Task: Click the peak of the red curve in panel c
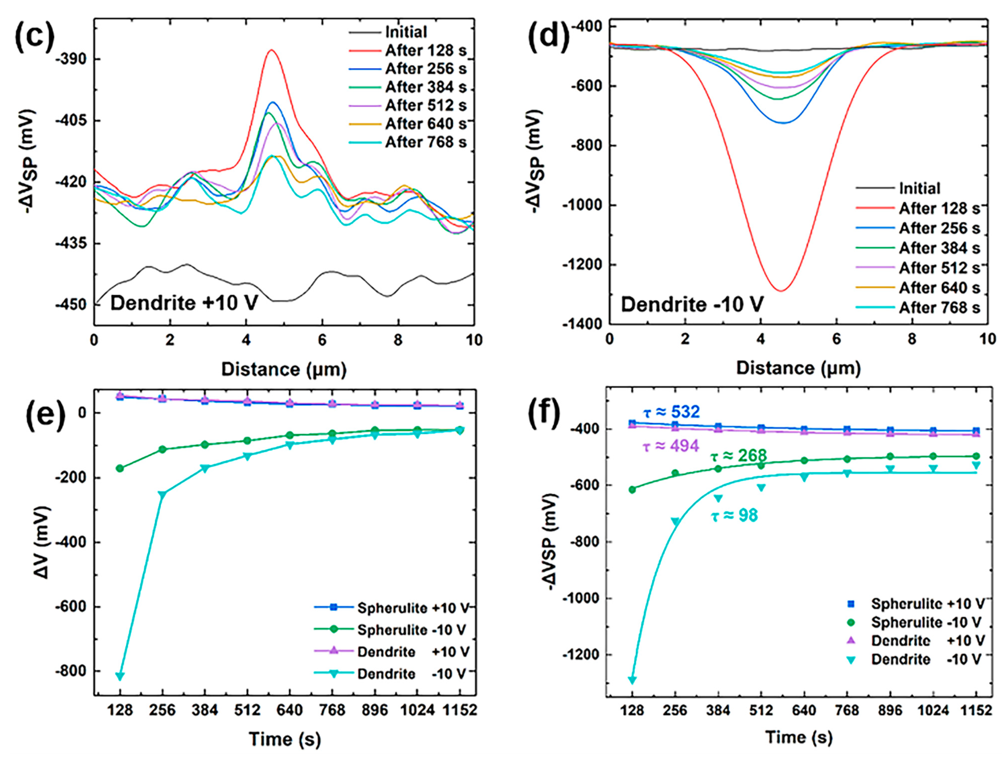pyautogui.click(x=271, y=50)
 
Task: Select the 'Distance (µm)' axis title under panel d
pyautogui.click(x=798, y=368)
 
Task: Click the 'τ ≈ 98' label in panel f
pyautogui.click(x=734, y=516)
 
